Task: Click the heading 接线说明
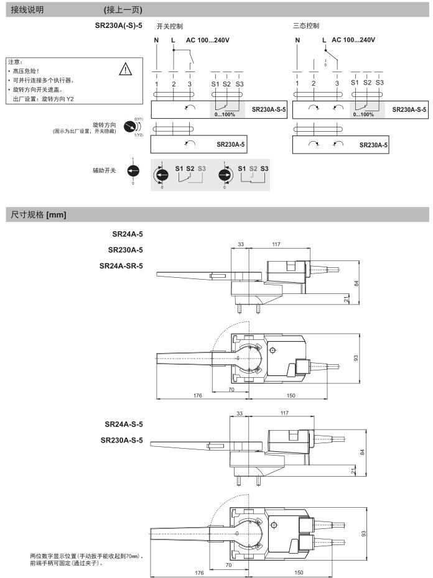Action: point(28,10)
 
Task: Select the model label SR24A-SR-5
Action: point(121,265)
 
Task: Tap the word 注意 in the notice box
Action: point(14,62)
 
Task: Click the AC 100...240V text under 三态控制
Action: point(353,40)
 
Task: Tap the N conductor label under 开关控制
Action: point(157,40)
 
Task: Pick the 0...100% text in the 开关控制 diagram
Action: point(225,114)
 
